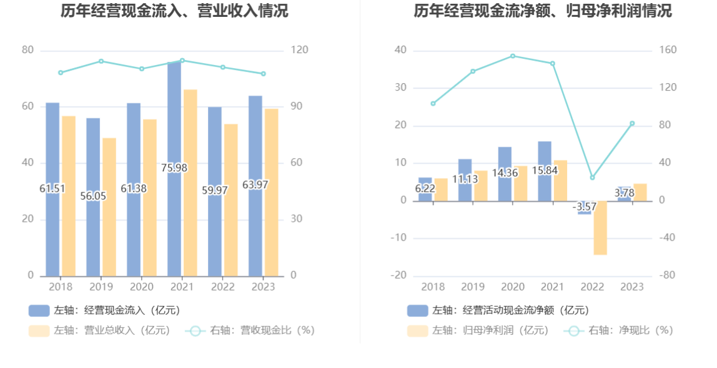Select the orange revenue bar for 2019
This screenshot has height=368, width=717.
tap(109, 207)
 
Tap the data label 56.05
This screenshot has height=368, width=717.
tap(93, 196)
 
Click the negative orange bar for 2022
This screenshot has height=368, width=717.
tap(600, 227)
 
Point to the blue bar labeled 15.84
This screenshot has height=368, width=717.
tap(545, 156)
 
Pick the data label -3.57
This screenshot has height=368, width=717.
tap(585, 207)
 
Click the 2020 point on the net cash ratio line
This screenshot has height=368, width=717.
tap(513, 56)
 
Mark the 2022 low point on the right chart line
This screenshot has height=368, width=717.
tap(592, 177)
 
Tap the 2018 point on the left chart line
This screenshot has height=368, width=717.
tap(61, 72)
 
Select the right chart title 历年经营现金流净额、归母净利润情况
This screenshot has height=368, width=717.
tap(543, 11)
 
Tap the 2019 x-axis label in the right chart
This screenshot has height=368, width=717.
tap(473, 287)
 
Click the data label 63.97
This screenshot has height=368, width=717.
tap(255, 185)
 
